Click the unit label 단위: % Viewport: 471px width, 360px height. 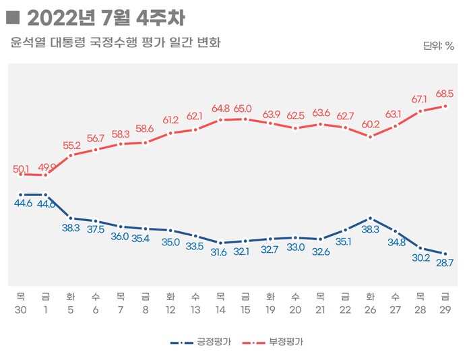(x=439, y=46)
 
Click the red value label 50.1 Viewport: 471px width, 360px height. (x=22, y=164)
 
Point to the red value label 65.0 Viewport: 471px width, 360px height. (x=243, y=108)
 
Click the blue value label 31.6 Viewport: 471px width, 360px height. (x=219, y=252)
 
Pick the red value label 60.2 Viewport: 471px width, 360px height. (x=370, y=125)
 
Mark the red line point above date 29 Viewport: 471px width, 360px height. (x=444, y=106)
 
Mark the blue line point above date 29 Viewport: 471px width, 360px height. (x=444, y=253)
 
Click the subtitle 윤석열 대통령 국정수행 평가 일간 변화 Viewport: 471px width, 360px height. (x=116, y=43)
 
